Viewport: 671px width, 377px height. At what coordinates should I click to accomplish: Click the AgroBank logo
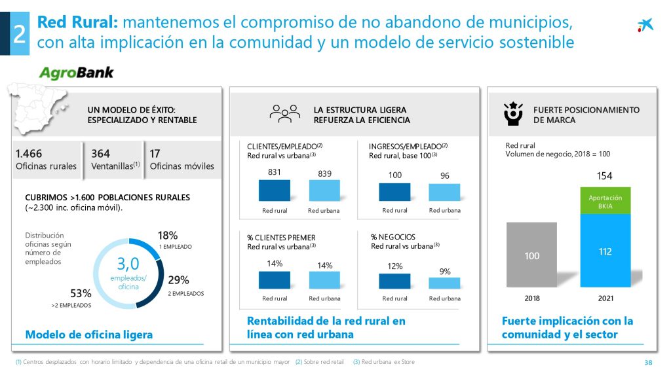click(x=77, y=73)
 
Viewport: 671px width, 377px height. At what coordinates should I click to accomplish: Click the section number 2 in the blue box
click(x=18, y=34)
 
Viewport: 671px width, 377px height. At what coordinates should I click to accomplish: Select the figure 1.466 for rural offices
click(x=28, y=154)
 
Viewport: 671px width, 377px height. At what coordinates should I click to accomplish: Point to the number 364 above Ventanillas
click(x=100, y=154)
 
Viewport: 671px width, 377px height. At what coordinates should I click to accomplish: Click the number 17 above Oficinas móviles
click(x=155, y=154)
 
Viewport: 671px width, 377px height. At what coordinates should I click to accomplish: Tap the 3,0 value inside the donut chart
click(x=128, y=264)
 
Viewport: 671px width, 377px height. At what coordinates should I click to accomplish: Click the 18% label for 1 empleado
click(x=168, y=236)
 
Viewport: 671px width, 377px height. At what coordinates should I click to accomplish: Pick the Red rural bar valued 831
click(x=275, y=190)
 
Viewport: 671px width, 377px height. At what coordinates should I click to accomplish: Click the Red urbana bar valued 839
click(x=324, y=190)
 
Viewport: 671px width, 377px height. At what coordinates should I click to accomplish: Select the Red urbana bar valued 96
click(x=444, y=191)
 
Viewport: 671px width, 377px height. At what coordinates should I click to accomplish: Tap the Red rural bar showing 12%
click(x=394, y=280)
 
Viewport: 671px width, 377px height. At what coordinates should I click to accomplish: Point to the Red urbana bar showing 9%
click(x=444, y=283)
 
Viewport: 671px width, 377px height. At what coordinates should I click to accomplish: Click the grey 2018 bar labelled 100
click(x=531, y=255)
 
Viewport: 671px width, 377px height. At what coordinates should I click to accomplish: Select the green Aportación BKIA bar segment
click(x=605, y=201)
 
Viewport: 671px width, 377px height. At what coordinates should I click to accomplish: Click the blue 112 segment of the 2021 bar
click(x=605, y=251)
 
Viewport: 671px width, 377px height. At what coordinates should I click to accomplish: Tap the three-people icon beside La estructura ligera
click(x=284, y=113)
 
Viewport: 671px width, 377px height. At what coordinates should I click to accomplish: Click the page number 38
click(x=648, y=363)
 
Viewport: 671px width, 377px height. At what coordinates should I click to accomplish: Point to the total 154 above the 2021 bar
click(x=604, y=176)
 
